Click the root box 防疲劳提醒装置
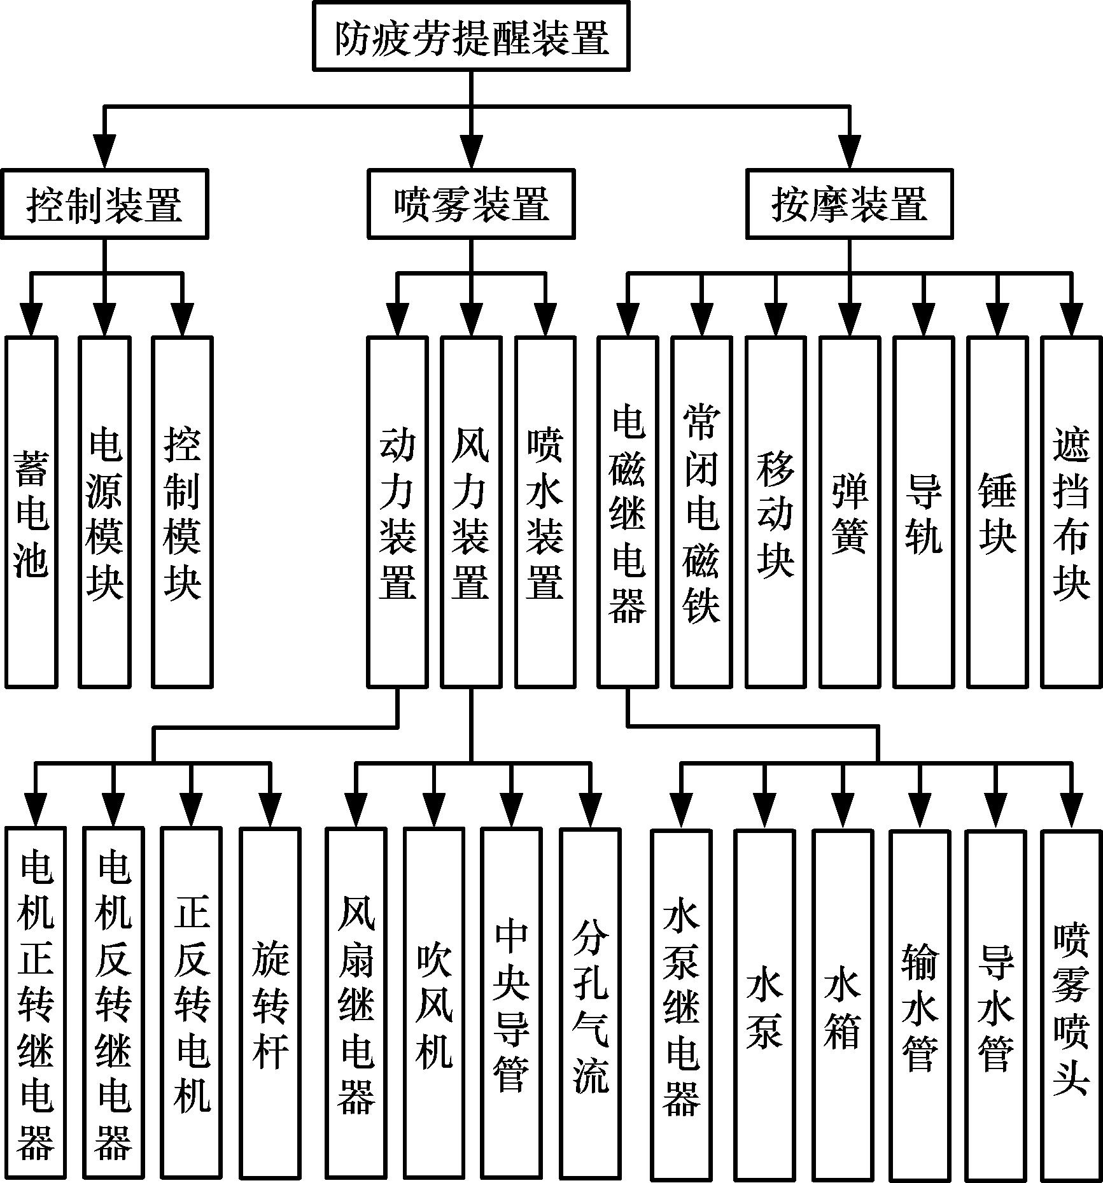click(x=471, y=36)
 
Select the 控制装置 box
click(x=105, y=204)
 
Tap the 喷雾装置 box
click(x=471, y=204)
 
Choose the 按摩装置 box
click(x=849, y=204)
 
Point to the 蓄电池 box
click(x=32, y=512)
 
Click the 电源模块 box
click(x=105, y=512)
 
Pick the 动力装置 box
click(x=397, y=512)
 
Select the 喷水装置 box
click(x=545, y=512)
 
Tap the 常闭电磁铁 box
click(x=701, y=512)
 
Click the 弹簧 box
click(x=850, y=512)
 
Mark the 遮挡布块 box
click(x=1071, y=512)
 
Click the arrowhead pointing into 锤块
click(x=997, y=321)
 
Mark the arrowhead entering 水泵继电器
click(x=681, y=813)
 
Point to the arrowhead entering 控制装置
click(x=105, y=153)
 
